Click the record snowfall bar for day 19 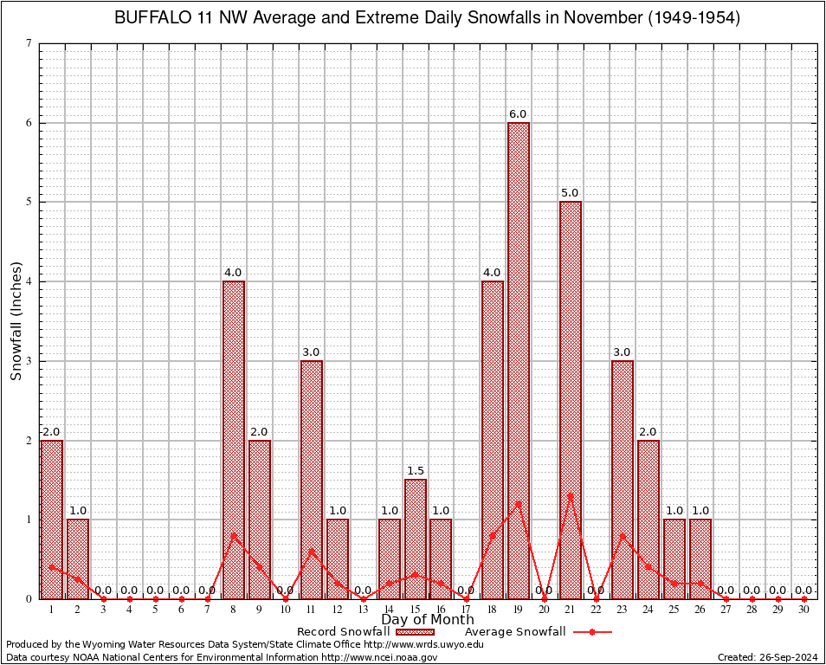tap(519, 360)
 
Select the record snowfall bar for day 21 tap(571, 400)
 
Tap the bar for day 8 tap(233, 440)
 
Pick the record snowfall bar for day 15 tap(415, 539)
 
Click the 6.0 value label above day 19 tap(519, 114)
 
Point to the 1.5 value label tap(415, 471)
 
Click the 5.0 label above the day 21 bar tap(571, 193)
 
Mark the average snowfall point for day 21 tap(571, 495)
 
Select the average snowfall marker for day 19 tap(519, 503)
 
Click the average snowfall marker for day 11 tap(311, 551)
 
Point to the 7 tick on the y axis tap(29, 43)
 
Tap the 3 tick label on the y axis tap(29, 361)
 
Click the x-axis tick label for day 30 tap(804, 610)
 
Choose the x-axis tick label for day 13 tap(363, 610)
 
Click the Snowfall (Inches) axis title tap(16, 321)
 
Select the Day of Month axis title tap(427, 620)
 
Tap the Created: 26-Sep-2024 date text tap(768, 657)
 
